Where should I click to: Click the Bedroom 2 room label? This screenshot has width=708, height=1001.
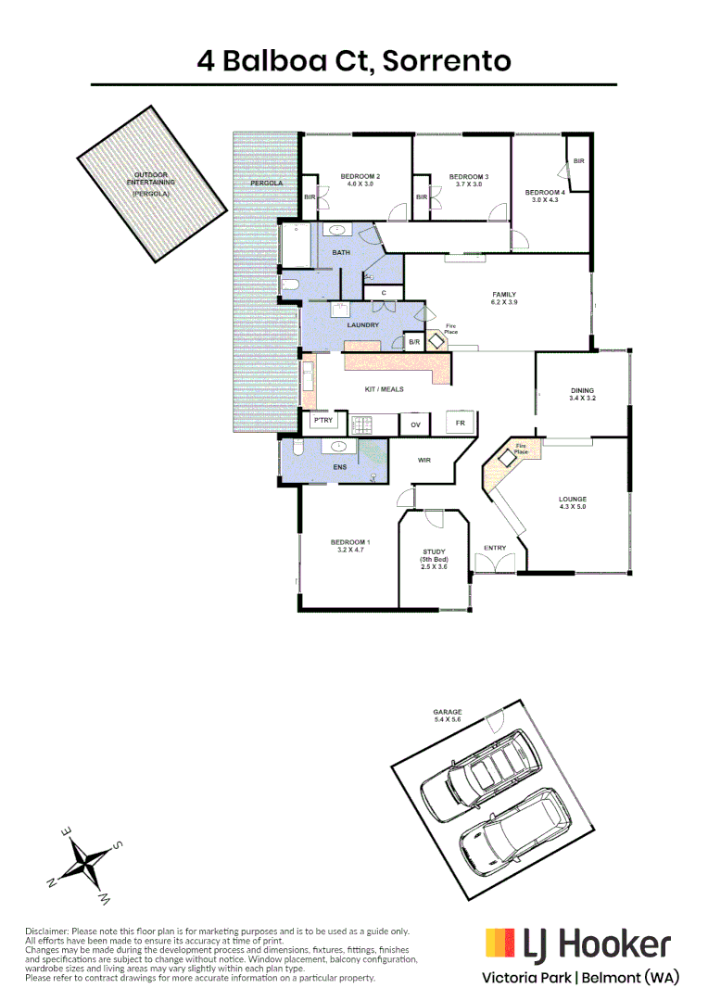coord(360,176)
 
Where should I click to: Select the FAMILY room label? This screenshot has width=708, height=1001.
coord(503,295)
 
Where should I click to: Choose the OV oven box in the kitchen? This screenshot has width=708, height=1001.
coord(415,424)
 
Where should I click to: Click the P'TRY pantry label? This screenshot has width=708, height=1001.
coord(322,421)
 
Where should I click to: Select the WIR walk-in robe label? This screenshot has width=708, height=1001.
coord(424,459)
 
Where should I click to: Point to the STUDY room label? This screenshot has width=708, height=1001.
coord(435,552)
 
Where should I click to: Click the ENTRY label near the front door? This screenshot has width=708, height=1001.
coord(495,548)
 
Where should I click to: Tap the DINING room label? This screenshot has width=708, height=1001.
coord(582,390)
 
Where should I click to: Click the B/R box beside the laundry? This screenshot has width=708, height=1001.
coord(414,343)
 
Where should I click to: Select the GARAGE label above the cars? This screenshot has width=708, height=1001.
coord(448,712)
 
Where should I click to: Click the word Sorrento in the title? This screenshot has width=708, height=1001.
coord(447,61)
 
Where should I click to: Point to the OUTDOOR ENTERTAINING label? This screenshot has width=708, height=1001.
coord(151,178)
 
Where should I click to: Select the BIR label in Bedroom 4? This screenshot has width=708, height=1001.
coord(579,161)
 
